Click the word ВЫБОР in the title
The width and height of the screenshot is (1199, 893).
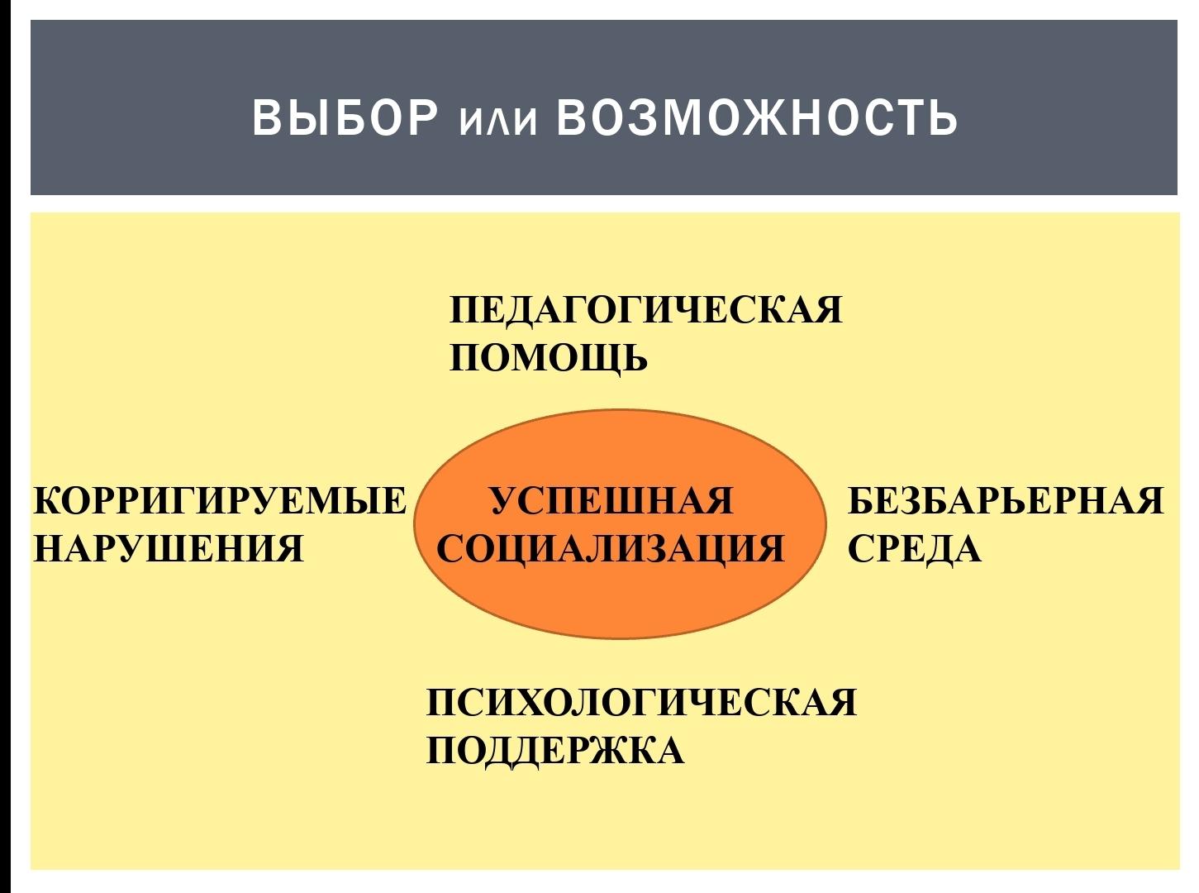(x=345, y=117)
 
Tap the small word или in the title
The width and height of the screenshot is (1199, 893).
(x=498, y=122)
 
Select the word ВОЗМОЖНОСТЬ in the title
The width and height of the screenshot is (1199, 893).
(x=756, y=117)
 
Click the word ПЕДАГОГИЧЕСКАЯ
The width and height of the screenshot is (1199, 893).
(x=645, y=310)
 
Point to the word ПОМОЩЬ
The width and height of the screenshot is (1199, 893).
(x=548, y=358)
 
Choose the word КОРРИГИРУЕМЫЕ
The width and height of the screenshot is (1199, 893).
(x=220, y=500)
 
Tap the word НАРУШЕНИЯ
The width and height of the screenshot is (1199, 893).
(x=168, y=549)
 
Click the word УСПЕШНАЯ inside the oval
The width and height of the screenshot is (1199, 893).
(x=612, y=500)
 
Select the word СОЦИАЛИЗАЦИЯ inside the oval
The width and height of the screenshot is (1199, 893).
(x=611, y=549)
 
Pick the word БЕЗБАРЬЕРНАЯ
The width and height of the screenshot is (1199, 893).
(x=1006, y=500)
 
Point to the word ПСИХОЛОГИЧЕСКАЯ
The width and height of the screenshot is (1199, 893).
(x=641, y=702)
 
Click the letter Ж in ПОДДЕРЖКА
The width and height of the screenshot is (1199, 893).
(x=612, y=751)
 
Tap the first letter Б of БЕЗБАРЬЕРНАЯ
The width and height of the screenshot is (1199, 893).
(x=861, y=500)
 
